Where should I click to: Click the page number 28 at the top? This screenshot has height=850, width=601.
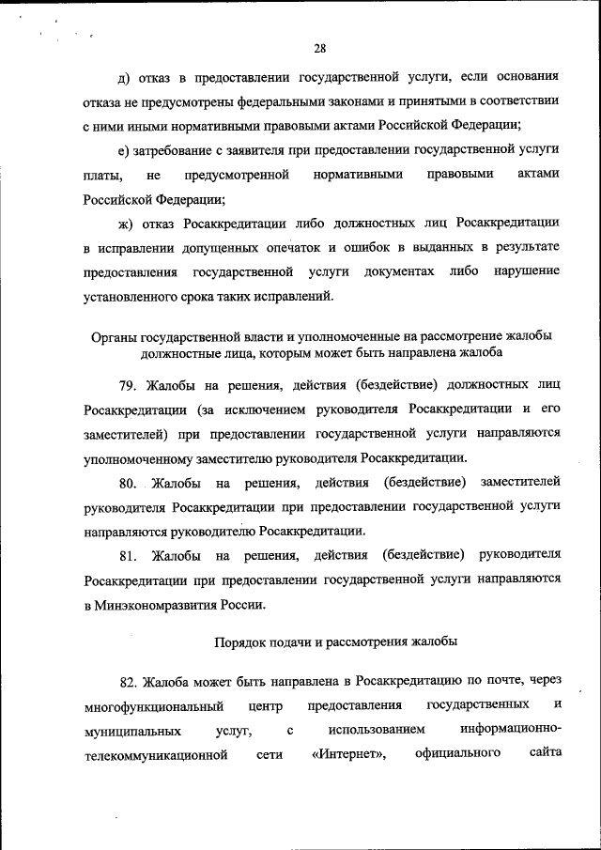pyautogui.click(x=319, y=49)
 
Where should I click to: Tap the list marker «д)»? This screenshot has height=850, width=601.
pyautogui.click(x=122, y=76)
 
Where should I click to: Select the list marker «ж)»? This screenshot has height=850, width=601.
pyautogui.click(x=124, y=223)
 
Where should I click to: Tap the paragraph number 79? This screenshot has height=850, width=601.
pyautogui.click(x=128, y=385)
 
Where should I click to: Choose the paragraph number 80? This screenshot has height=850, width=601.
pyautogui.click(x=128, y=483)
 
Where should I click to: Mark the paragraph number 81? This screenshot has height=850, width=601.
pyautogui.click(x=128, y=556)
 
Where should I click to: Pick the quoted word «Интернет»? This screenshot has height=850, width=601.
pyautogui.click(x=348, y=753)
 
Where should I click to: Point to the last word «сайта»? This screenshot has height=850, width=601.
pyautogui.click(x=543, y=753)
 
